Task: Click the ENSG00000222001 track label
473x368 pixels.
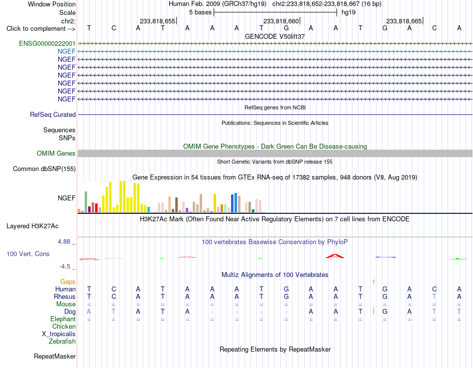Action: coord(47,43)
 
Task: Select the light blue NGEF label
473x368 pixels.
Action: coord(66,51)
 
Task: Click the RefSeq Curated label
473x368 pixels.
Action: coord(53,114)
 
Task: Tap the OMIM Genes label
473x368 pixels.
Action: coord(56,153)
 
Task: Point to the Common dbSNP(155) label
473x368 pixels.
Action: coord(44,169)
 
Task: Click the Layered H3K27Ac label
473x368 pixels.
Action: coord(32,226)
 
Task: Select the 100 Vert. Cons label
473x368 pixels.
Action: coord(28,254)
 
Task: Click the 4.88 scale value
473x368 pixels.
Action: coord(64,241)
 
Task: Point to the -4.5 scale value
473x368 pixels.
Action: coord(65,266)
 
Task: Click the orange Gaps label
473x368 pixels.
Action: coord(68,281)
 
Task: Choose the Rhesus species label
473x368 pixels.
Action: coord(65,296)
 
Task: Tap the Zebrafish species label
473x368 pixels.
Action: coord(62,342)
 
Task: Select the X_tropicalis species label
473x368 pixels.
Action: coord(59,334)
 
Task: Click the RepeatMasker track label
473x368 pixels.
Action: coord(55,356)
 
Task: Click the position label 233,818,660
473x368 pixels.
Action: coord(281,21)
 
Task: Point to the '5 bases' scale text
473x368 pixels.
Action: coord(200,12)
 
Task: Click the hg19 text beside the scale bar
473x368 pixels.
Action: coord(349,12)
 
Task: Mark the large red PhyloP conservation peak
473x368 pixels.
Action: coord(335,256)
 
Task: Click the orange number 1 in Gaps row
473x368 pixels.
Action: coord(373,282)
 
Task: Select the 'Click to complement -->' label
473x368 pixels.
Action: coord(41,29)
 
